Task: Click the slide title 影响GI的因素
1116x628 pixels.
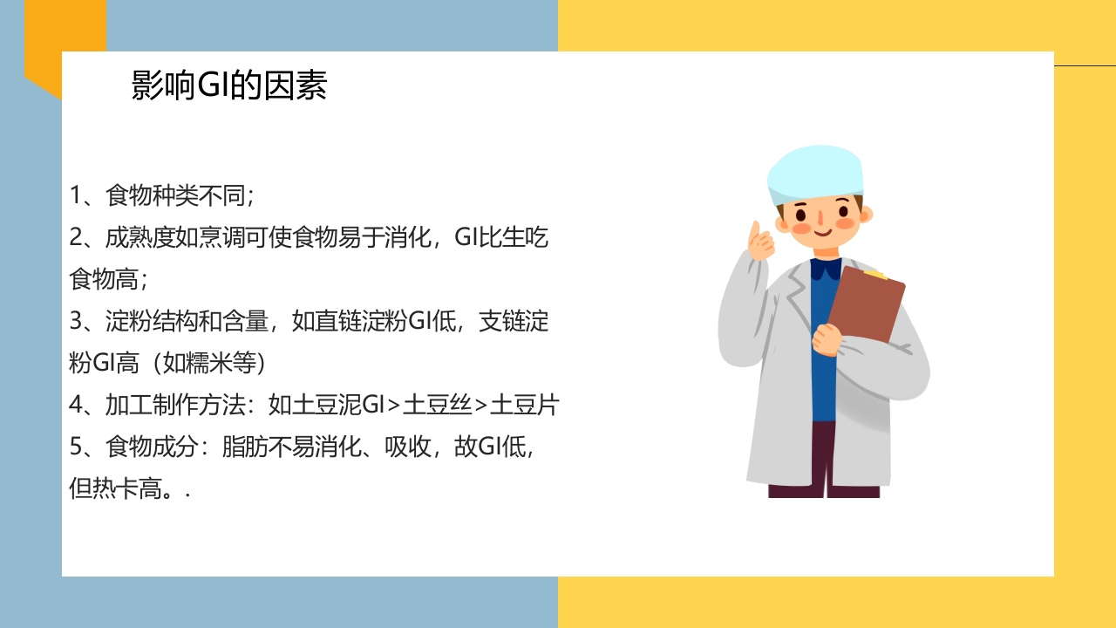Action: [228, 85]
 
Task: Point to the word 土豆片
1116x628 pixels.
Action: [524, 405]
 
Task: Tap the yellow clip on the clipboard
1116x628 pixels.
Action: [874, 274]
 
